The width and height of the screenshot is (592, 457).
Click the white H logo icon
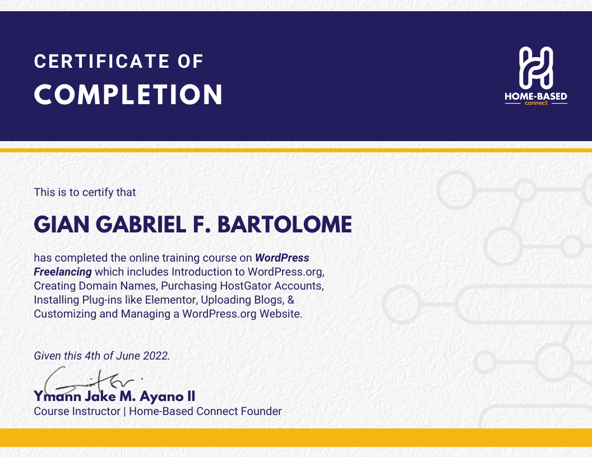[536, 68]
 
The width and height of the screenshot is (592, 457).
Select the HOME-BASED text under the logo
[536, 96]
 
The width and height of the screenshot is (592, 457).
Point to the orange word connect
[536, 103]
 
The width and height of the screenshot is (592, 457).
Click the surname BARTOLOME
[285, 225]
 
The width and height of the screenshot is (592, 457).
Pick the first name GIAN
[62, 225]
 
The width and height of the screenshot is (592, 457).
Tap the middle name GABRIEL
[144, 225]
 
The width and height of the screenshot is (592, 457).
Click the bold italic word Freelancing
[63, 272]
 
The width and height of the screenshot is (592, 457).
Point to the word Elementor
[172, 300]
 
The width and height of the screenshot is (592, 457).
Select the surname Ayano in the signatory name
[161, 397]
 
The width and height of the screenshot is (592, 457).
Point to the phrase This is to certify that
[85, 192]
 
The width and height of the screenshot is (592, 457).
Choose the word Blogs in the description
[269, 300]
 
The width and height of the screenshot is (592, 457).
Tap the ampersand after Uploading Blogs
[291, 300]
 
